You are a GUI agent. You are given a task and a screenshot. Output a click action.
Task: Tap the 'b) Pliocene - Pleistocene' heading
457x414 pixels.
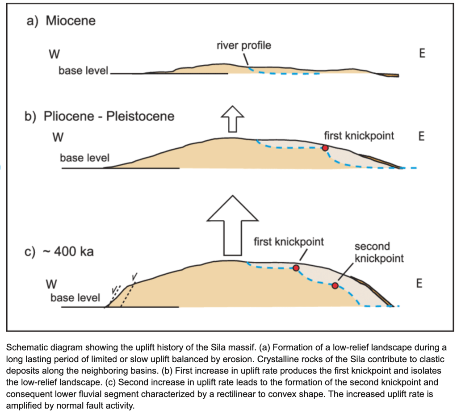click(x=100, y=117)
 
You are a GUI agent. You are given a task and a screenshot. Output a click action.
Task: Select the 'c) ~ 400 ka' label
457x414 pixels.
click(x=59, y=252)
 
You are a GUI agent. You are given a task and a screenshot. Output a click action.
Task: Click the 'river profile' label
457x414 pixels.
click(x=243, y=45)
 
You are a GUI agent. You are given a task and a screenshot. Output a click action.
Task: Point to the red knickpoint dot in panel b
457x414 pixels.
click(x=325, y=148)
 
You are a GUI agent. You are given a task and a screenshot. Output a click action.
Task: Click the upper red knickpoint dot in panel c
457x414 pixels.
click(x=296, y=268)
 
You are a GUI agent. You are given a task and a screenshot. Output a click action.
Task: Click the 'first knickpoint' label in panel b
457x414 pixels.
click(x=359, y=135)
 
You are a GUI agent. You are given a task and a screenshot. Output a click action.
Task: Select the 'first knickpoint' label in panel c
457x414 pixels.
click(x=289, y=242)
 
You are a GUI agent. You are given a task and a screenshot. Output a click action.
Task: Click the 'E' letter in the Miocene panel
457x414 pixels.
click(x=422, y=54)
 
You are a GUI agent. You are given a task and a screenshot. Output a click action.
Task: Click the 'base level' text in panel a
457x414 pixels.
click(x=84, y=71)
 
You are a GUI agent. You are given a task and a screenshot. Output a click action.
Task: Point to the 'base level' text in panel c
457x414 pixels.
click(x=75, y=297)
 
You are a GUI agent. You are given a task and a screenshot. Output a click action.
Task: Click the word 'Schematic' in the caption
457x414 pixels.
click(x=26, y=347)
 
